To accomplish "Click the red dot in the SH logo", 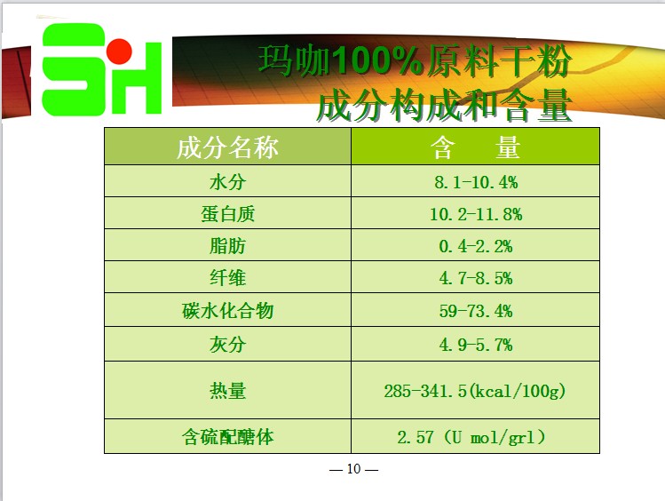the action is pyautogui.click(x=119, y=52).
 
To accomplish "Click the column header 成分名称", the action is pyautogui.click(x=227, y=147).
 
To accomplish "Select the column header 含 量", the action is pyautogui.click(x=475, y=147).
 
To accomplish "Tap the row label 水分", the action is pyautogui.click(x=227, y=182).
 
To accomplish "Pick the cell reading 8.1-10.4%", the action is pyautogui.click(x=475, y=182).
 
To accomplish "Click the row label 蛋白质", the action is pyautogui.click(x=227, y=214).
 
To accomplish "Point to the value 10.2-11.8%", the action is pyautogui.click(x=475, y=214).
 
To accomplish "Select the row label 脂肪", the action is pyautogui.click(x=227, y=246).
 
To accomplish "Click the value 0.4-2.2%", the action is pyautogui.click(x=475, y=246).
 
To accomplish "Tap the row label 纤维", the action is pyautogui.click(x=227, y=278).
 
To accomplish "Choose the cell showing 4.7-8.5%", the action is pyautogui.click(x=475, y=278).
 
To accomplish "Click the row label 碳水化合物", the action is pyautogui.click(x=227, y=311).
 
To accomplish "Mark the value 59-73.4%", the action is pyautogui.click(x=475, y=311).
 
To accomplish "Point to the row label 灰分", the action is pyautogui.click(x=227, y=344).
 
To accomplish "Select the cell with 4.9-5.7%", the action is pyautogui.click(x=475, y=345).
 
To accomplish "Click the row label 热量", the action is pyautogui.click(x=227, y=391).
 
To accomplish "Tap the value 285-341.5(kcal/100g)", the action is pyautogui.click(x=475, y=391).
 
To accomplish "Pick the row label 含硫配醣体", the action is pyautogui.click(x=227, y=437).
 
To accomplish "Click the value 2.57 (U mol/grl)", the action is pyautogui.click(x=471, y=437).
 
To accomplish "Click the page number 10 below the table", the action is pyautogui.click(x=353, y=469).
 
